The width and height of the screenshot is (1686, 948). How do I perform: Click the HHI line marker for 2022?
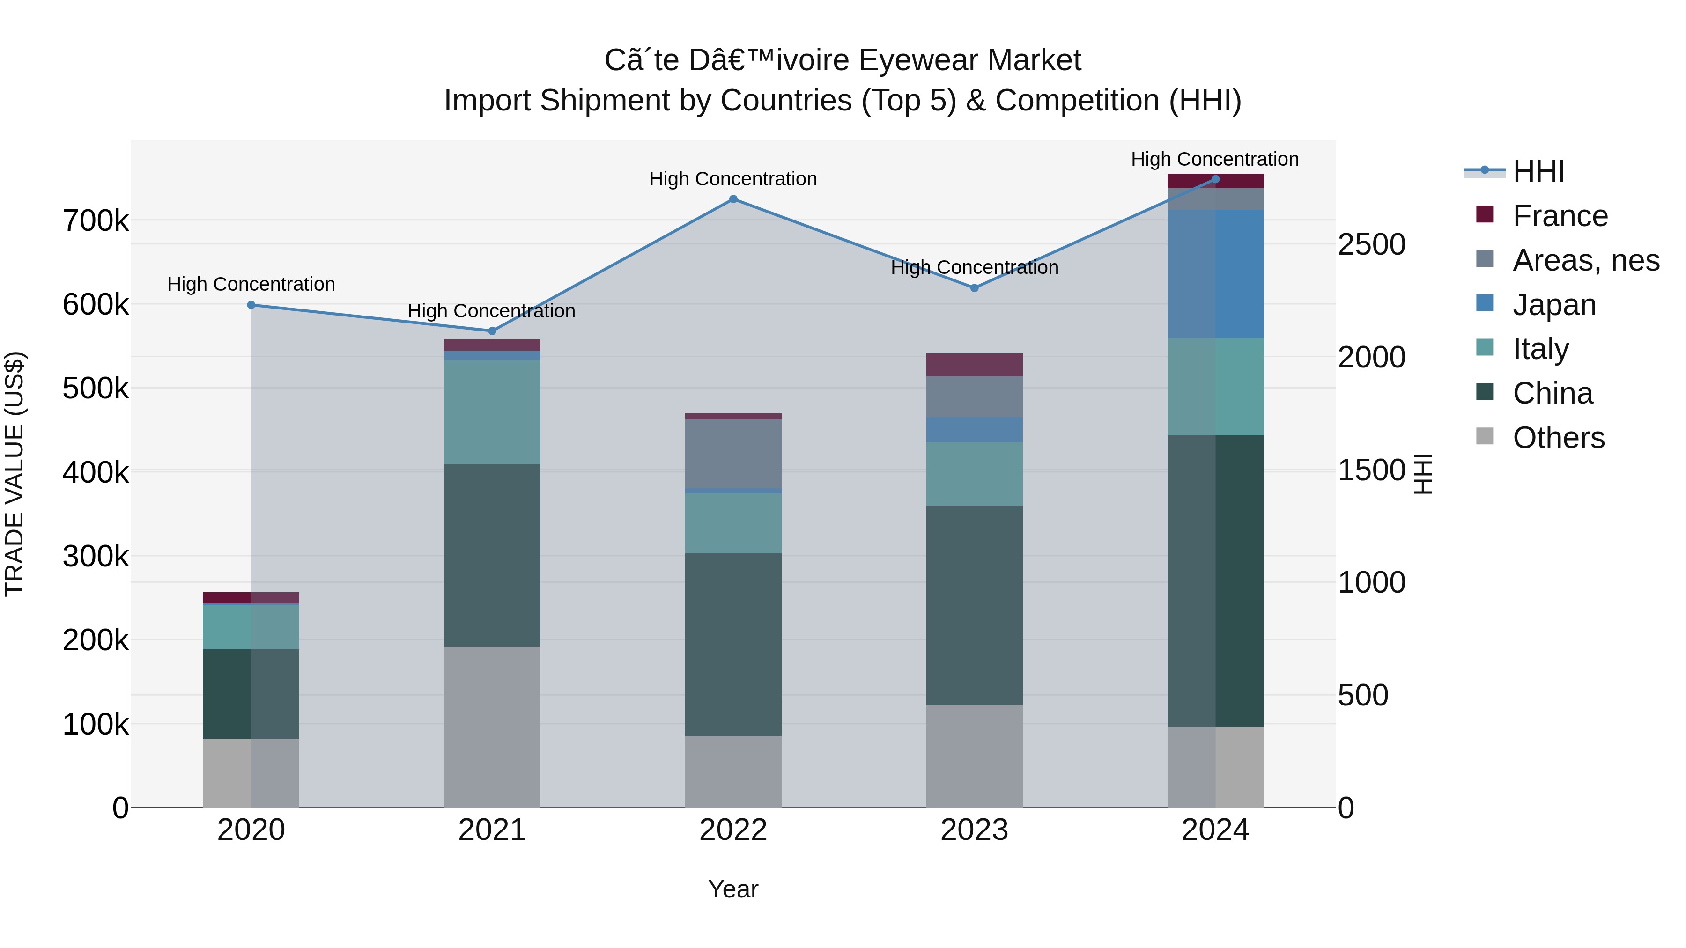coord(733,199)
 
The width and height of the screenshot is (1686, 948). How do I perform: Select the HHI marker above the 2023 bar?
coord(974,288)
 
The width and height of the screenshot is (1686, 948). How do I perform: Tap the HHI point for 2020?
coord(251,305)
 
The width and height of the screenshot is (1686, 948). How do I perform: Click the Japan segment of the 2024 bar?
coord(1215,274)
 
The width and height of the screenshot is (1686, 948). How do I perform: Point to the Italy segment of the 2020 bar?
coord(251,627)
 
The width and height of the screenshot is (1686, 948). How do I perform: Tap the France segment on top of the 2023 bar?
coord(974,364)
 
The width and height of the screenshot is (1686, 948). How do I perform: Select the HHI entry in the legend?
coord(1538,171)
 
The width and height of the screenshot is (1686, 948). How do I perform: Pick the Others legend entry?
coord(1558,438)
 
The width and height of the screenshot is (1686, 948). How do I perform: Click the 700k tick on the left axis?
coord(96,221)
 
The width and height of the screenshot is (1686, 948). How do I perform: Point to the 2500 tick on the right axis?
coord(1371,245)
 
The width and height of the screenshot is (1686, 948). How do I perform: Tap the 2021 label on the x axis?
coord(492,830)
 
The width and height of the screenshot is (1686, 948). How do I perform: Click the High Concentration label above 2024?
coord(1215,159)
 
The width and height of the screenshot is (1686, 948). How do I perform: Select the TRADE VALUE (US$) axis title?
coord(15,474)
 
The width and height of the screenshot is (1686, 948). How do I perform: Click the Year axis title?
coord(733,889)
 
